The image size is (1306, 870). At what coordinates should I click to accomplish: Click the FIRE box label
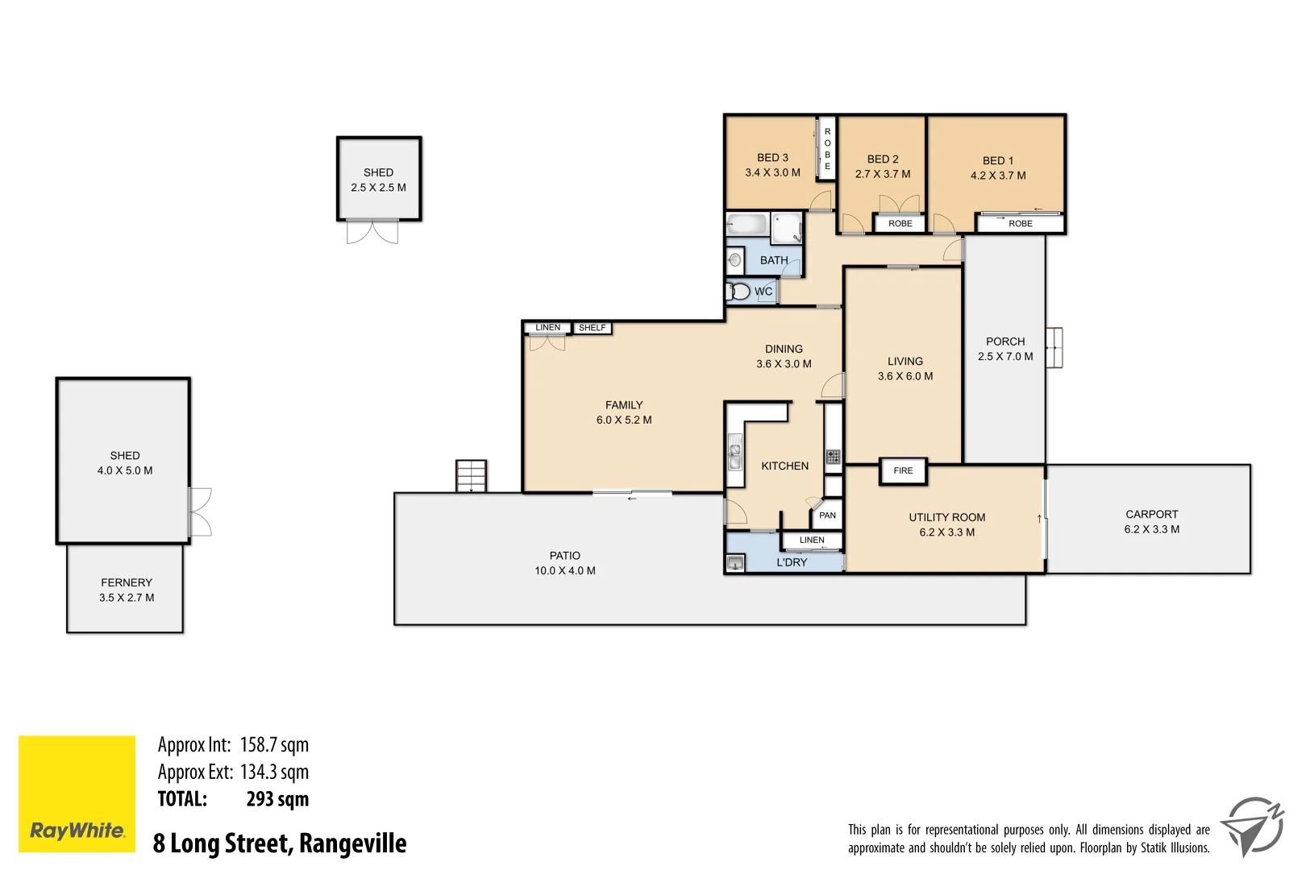point(903,471)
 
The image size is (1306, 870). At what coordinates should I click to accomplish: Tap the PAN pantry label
point(827,516)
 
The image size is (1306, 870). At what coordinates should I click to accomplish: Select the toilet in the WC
point(738,292)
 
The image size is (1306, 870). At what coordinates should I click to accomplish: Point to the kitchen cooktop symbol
point(833,457)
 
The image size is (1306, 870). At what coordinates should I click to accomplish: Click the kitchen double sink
point(734,452)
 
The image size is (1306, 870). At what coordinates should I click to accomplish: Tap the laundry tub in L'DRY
point(735,562)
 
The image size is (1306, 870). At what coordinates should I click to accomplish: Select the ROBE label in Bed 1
point(1020,224)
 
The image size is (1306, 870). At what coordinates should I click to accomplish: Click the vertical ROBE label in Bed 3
point(827,149)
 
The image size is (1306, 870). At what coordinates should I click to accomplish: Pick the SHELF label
point(592,328)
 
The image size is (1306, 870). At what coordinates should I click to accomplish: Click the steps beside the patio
point(471,475)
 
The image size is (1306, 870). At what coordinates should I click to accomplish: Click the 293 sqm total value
point(277,799)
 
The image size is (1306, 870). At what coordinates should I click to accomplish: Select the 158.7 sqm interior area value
point(274,745)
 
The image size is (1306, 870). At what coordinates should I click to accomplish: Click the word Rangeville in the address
point(352,843)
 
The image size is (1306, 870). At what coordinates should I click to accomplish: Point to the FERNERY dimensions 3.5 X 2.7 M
point(127,598)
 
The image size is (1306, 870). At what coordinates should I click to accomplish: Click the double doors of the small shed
point(372,232)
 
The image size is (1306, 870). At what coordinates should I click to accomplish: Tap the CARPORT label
point(1151,514)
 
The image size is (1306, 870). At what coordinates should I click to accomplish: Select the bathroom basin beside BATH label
point(734,260)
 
